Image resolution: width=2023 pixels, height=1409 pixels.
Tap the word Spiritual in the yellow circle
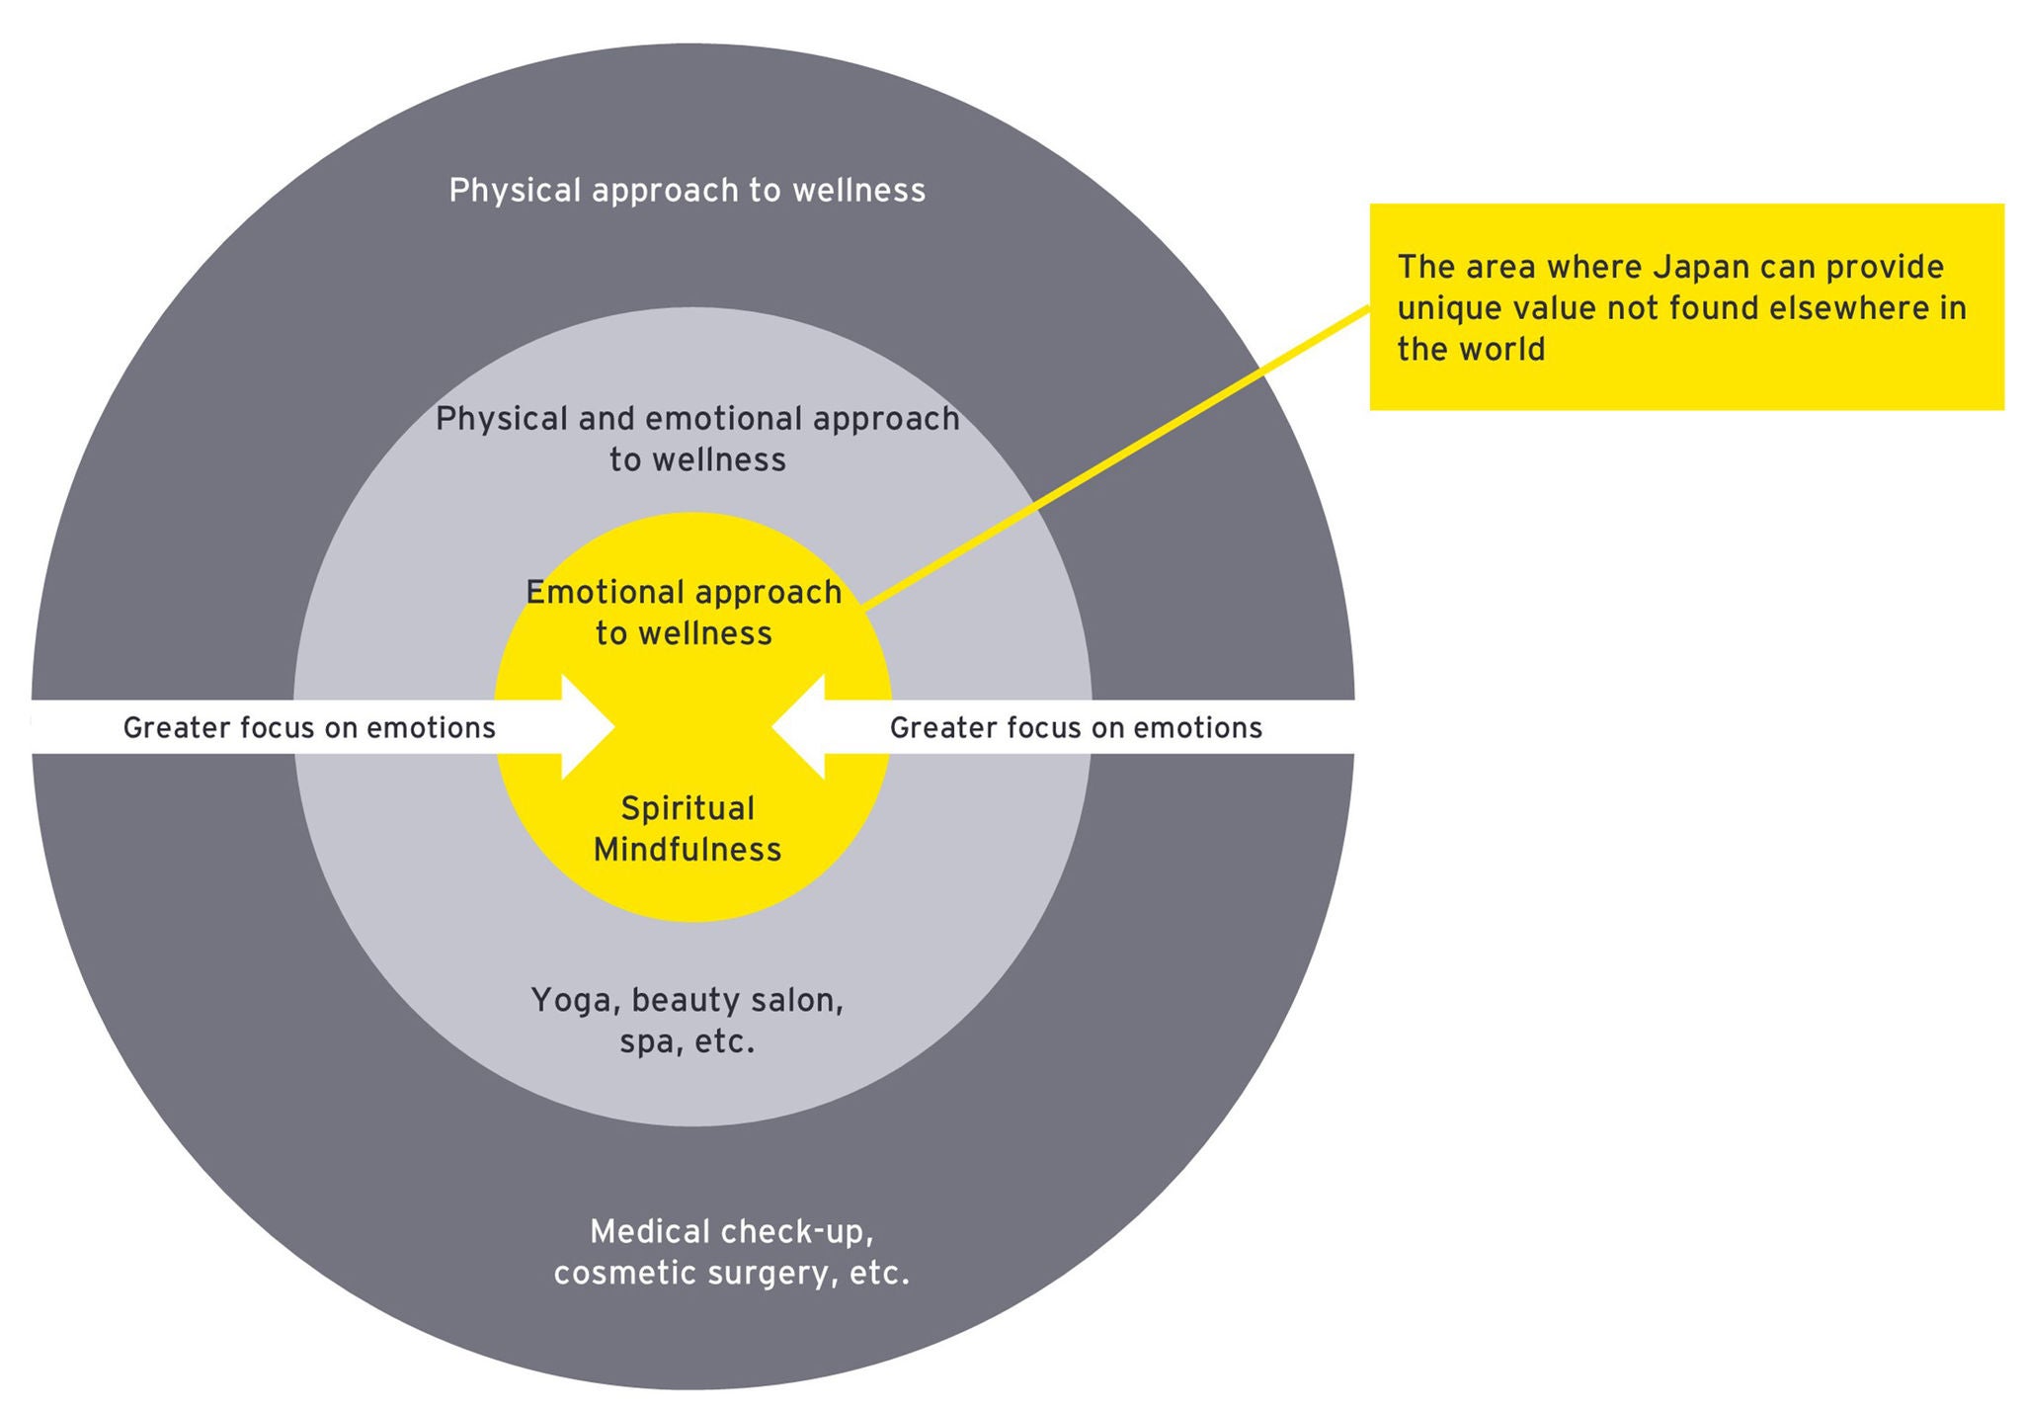[688, 809]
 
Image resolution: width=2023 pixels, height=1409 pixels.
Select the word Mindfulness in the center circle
[688, 850]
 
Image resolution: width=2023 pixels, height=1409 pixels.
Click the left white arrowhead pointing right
[587, 727]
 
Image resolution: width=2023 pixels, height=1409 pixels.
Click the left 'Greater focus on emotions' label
[309, 728]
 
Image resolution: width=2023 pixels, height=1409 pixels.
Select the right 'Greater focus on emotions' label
[1076, 728]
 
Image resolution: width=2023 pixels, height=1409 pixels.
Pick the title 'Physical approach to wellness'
[688, 190]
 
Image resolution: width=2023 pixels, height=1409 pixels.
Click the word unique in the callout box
[1444, 309]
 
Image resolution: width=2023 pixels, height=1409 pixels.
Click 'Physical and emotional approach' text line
[697, 419]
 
